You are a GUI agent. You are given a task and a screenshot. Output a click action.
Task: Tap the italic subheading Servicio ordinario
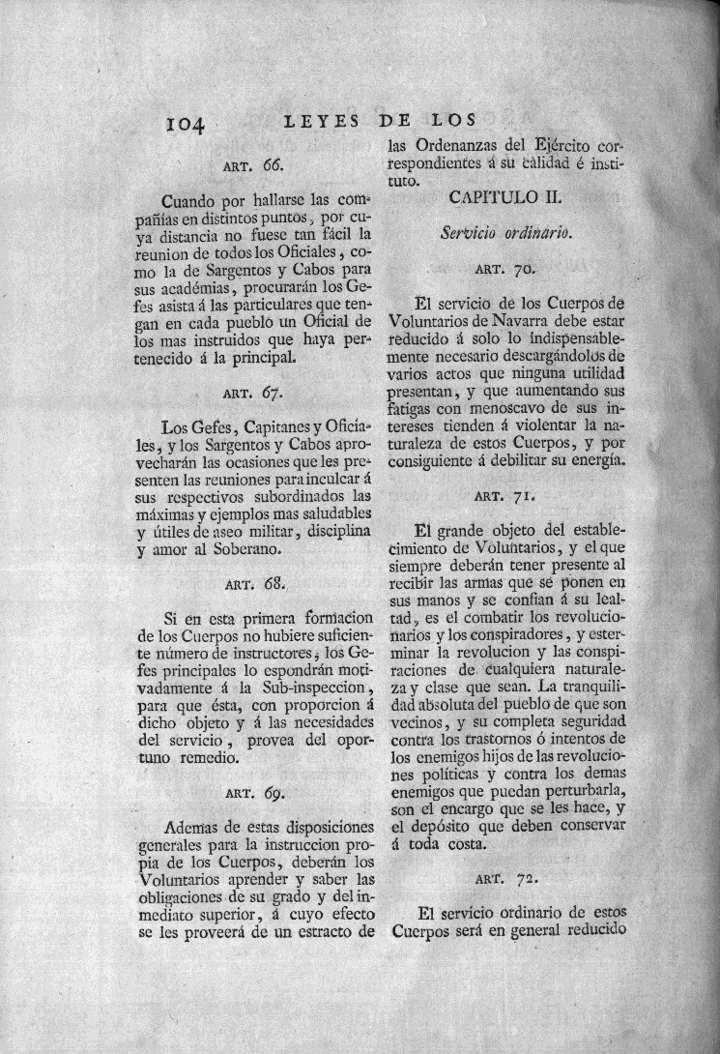tap(503, 233)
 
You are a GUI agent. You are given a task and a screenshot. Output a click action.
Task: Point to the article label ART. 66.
tap(253, 165)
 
